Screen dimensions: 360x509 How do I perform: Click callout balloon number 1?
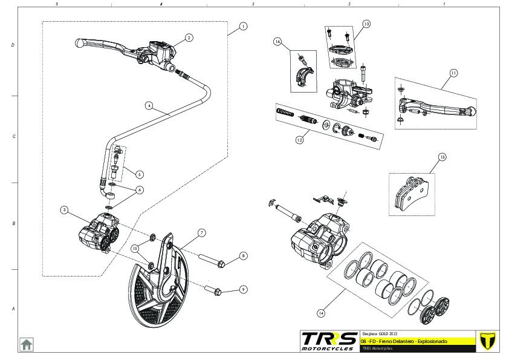click(x=242, y=26)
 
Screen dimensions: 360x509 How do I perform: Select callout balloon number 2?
click(x=189, y=37)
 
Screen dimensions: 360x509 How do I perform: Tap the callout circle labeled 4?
click(x=149, y=105)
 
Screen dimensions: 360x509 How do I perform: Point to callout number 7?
click(x=201, y=232)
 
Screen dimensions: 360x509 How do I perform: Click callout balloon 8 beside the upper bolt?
click(x=242, y=256)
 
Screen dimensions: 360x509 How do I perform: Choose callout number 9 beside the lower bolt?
click(x=242, y=289)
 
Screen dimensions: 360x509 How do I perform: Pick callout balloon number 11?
click(x=453, y=73)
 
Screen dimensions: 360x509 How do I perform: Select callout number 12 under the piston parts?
click(x=299, y=140)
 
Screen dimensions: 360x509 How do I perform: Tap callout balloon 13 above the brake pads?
click(x=442, y=157)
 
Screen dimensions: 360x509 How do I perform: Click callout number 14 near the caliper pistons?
click(x=321, y=313)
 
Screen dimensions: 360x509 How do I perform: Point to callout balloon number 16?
click(x=277, y=42)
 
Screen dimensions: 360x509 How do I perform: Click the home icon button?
click(x=27, y=344)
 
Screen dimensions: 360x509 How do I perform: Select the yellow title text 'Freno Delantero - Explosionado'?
click(x=411, y=342)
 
